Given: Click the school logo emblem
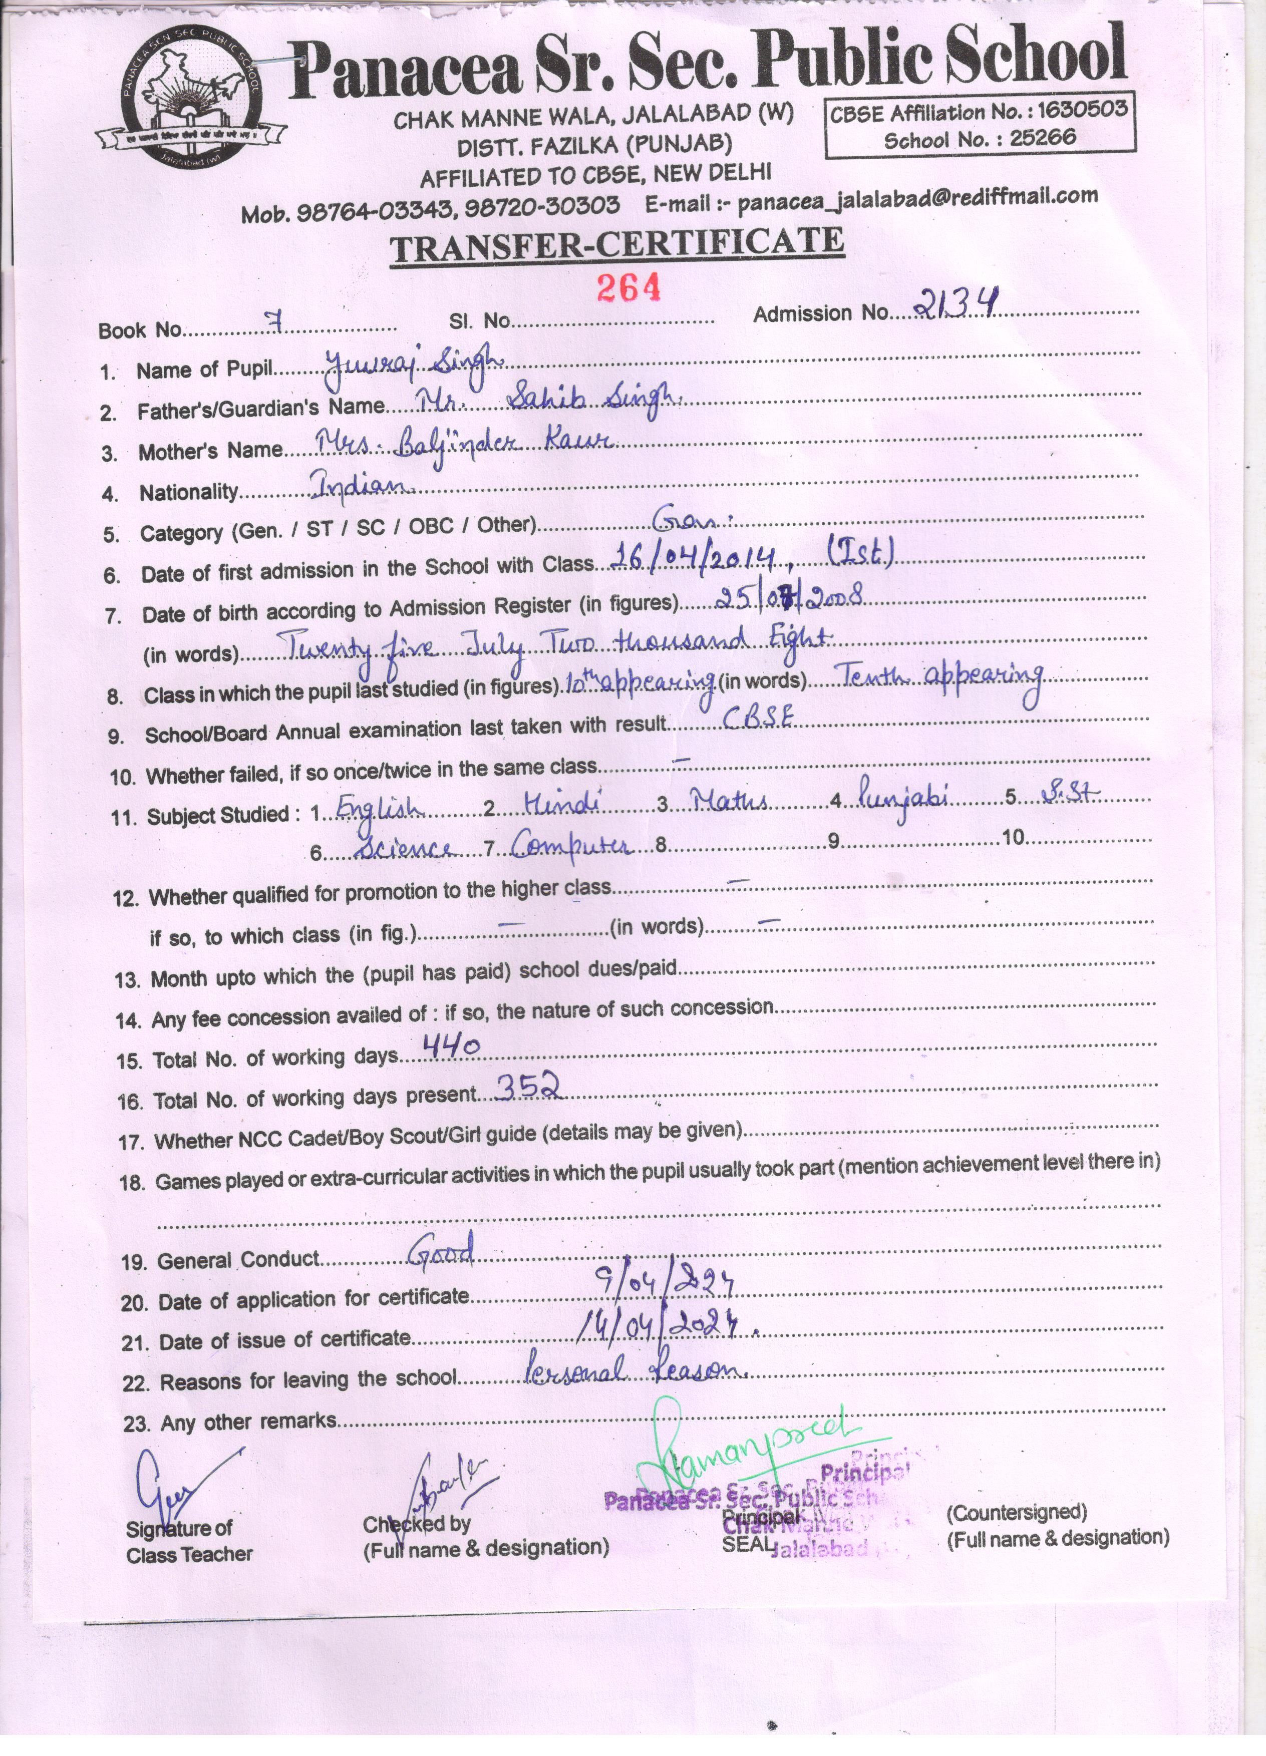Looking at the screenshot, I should (x=190, y=98).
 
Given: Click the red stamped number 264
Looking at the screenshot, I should (x=628, y=287).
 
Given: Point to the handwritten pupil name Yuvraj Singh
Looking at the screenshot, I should (x=414, y=364).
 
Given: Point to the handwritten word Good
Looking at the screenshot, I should (x=441, y=1250).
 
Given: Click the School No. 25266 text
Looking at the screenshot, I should (x=980, y=139).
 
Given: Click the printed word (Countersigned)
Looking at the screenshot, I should (x=1017, y=1511).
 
